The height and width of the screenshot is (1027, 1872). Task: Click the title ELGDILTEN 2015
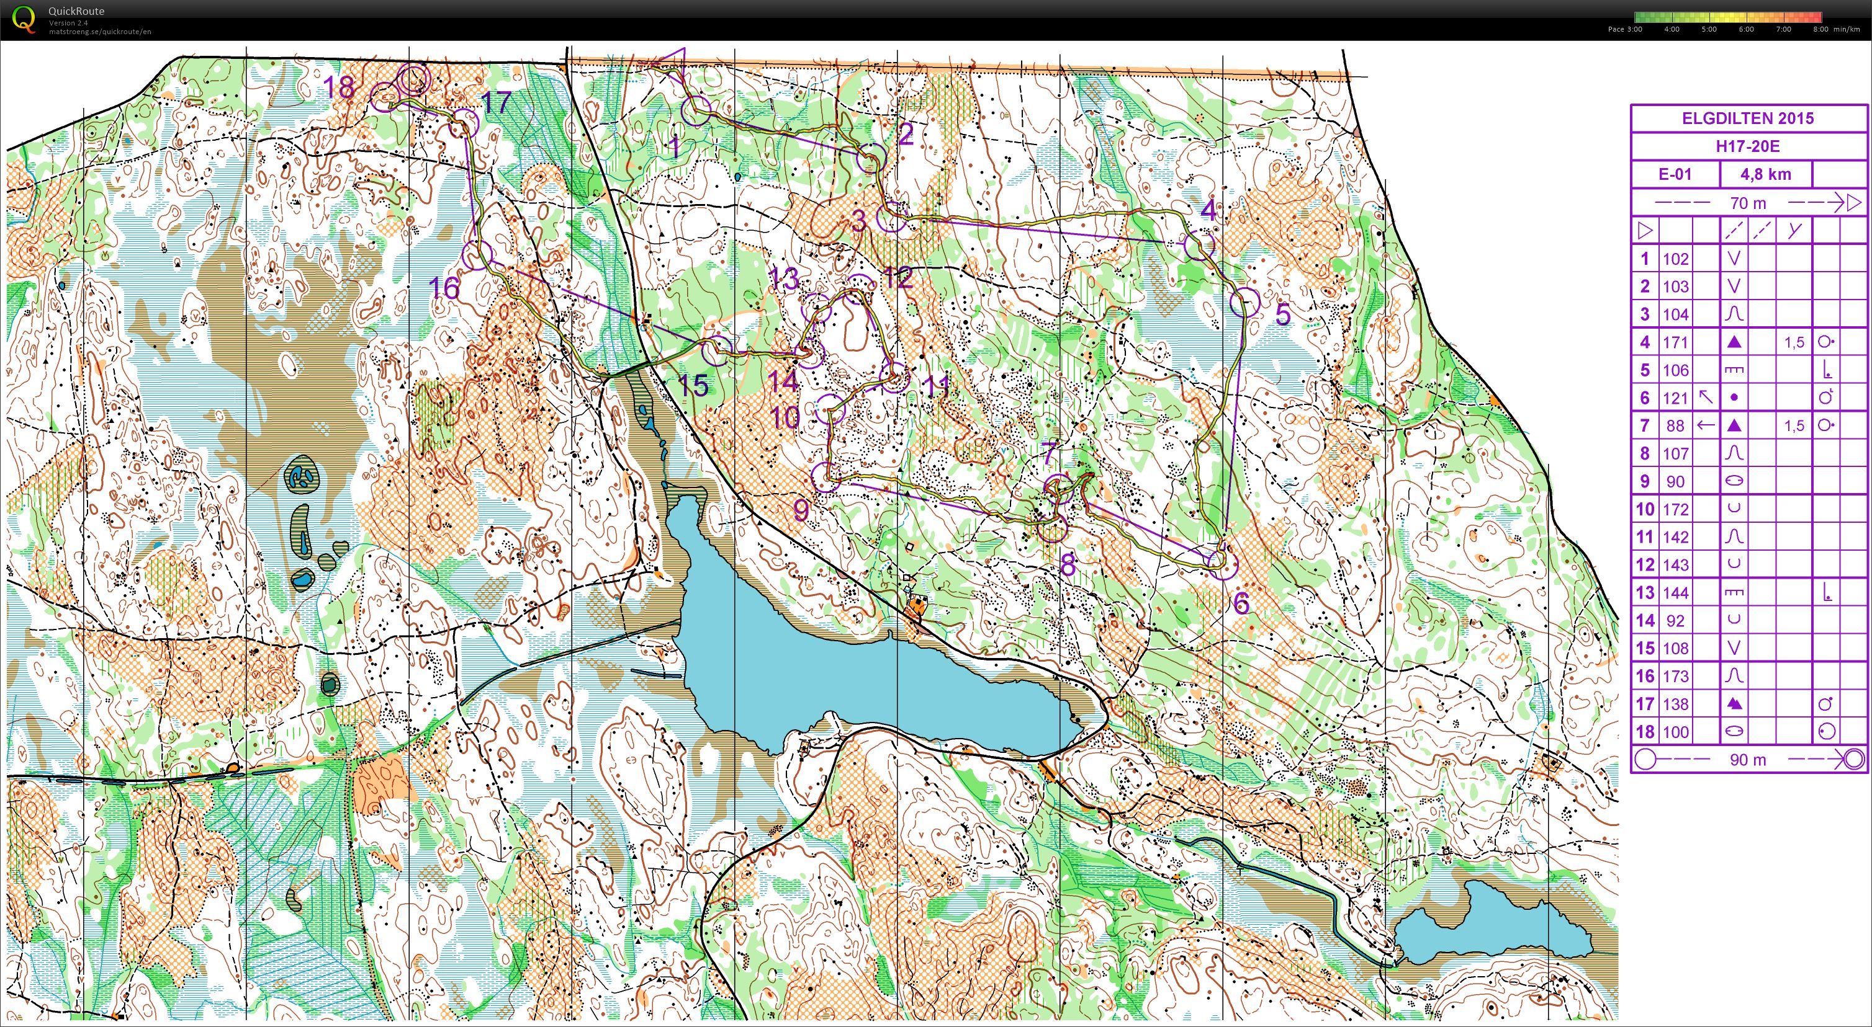(1748, 118)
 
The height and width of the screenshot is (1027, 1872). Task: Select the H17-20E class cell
(1748, 146)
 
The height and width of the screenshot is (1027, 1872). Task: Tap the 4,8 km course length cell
(1765, 174)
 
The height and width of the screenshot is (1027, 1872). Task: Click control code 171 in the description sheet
(1676, 342)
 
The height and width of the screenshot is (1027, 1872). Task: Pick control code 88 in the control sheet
(1676, 425)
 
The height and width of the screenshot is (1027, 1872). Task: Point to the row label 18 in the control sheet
(1645, 732)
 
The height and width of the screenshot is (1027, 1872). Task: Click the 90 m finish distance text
(1748, 760)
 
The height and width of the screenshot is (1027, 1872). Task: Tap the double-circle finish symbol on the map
(413, 78)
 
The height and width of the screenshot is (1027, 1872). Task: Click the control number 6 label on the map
(1241, 602)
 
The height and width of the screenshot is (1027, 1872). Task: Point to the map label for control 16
(444, 288)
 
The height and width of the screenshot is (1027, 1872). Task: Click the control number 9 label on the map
(800, 510)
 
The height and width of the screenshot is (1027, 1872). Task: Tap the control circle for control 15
(716, 350)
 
